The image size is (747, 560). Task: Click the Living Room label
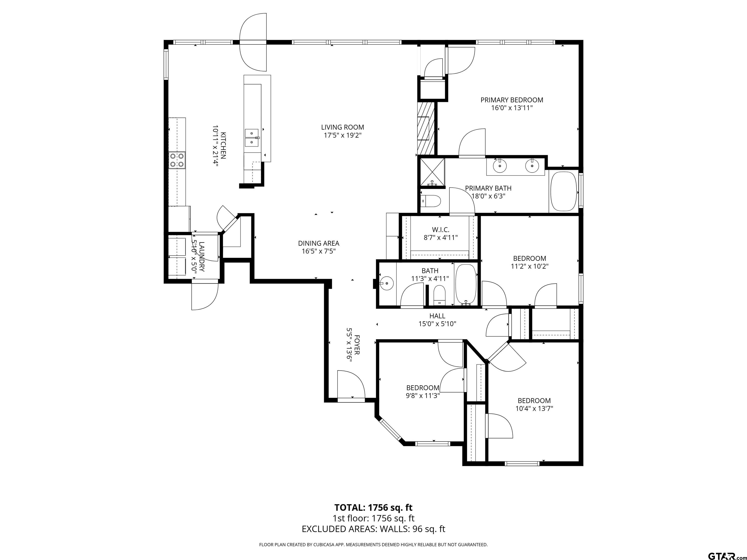point(342,127)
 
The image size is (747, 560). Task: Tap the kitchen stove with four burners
point(177,160)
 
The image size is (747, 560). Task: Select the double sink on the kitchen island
point(251,138)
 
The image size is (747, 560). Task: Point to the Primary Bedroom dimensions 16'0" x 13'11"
point(512,108)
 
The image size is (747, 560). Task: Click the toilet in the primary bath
point(431,201)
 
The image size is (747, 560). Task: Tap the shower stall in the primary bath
point(432,172)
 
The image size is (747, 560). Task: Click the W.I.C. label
point(441,230)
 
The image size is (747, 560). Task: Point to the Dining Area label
point(319,243)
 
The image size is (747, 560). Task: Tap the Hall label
point(437,316)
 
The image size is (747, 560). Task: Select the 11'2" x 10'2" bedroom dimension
point(530,266)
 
